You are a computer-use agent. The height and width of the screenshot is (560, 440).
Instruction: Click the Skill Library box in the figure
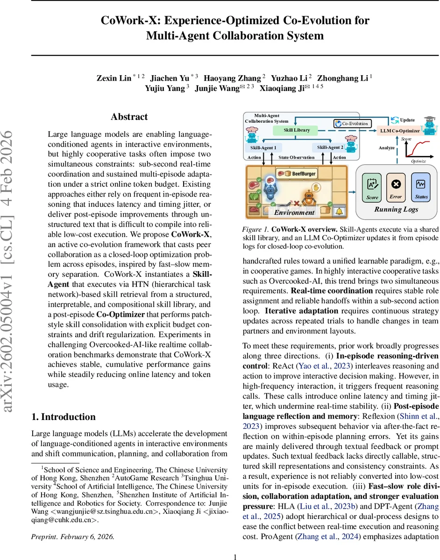coord(297,130)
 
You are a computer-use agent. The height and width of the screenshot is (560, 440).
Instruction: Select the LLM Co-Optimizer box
coord(400,131)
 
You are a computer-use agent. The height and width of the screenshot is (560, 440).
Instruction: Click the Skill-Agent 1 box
coord(263,147)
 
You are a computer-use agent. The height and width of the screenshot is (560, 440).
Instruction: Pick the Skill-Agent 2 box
coord(330,147)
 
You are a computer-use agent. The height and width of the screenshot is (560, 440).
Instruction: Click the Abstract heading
coord(129,117)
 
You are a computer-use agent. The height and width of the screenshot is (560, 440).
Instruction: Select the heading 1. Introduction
coord(63,417)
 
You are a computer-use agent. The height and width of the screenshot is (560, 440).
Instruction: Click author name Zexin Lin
coord(114,78)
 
